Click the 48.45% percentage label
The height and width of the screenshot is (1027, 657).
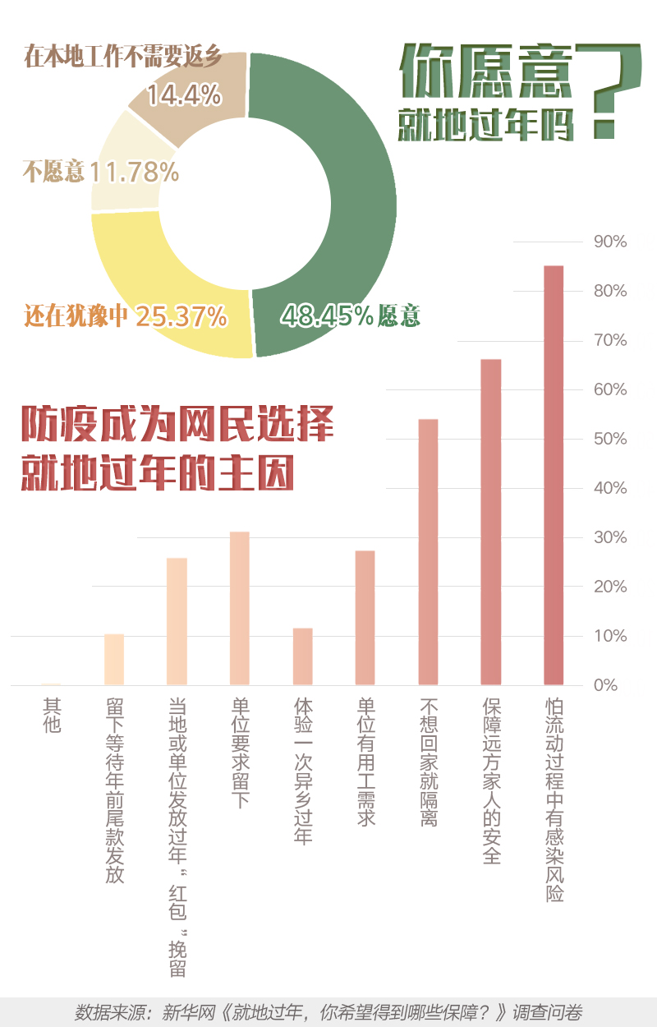click(328, 315)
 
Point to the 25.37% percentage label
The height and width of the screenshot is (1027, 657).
click(181, 316)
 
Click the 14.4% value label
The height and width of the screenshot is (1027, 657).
click(184, 96)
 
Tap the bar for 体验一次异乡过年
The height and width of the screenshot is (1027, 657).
click(302, 656)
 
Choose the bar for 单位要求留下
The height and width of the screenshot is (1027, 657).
click(239, 608)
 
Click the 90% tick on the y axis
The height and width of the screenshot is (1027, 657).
click(609, 242)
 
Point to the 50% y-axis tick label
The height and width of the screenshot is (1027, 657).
click(609, 439)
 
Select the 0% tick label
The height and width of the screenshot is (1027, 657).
click(605, 685)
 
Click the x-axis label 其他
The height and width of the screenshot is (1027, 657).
click(52, 716)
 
